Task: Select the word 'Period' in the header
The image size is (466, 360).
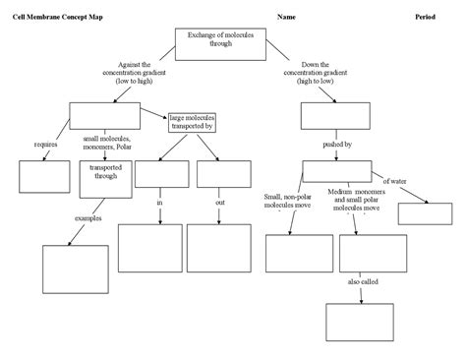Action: coord(427,18)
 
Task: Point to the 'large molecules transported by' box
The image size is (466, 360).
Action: coord(192,121)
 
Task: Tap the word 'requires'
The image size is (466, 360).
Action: coord(45,145)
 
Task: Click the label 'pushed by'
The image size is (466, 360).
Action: coord(336,145)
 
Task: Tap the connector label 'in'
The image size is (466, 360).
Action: coord(159,203)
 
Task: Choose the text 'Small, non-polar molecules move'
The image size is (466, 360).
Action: coord(287,202)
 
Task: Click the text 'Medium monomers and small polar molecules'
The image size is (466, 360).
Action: coord(357,200)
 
